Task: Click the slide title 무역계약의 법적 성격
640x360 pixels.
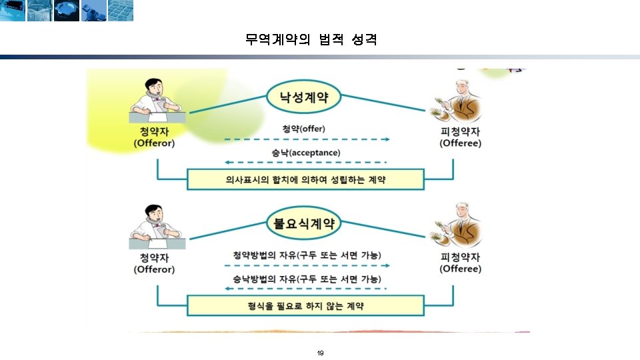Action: pos(311,40)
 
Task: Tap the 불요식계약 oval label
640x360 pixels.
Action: pos(304,223)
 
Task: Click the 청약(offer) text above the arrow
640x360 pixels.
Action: pos(304,128)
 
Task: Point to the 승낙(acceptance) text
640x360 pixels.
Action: pos(306,153)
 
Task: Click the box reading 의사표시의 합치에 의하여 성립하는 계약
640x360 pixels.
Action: pos(305,179)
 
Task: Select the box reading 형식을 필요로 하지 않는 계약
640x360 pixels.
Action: pos(305,305)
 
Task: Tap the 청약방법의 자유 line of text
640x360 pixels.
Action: pos(307,255)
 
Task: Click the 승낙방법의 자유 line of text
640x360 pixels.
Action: pos(307,278)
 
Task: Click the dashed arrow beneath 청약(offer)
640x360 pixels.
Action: pos(307,139)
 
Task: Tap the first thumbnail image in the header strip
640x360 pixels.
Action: pos(13,10)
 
